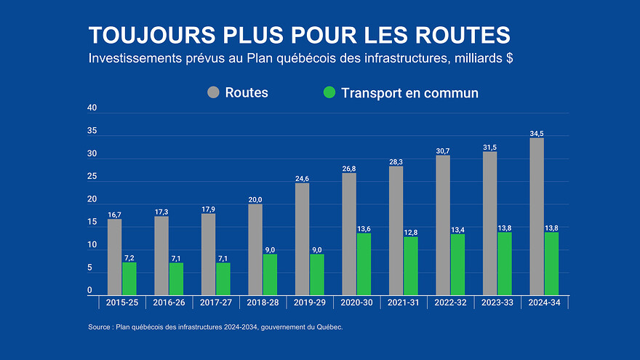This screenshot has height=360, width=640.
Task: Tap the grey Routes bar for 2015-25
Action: click(114, 257)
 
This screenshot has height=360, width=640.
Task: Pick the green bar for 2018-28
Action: click(270, 274)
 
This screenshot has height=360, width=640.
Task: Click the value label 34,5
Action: click(537, 132)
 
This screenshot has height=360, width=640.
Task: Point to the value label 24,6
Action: click(302, 178)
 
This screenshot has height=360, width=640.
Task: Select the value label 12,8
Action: click(411, 232)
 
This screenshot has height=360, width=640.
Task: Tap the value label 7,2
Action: click(129, 257)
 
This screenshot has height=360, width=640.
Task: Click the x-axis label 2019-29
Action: click(309, 303)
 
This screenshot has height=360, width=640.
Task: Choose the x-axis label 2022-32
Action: click(450, 303)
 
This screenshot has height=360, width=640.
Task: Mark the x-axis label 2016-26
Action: click(168, 303)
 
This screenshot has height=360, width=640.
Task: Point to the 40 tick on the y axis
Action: click(92, 108)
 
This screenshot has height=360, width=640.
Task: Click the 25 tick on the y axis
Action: click(92, 177)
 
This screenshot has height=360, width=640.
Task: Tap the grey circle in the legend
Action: click(213, 92)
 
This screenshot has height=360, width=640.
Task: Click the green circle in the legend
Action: click(329, 92)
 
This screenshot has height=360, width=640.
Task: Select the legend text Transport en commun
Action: click(409, 92)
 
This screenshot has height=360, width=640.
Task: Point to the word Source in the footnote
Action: click(100, 327)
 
